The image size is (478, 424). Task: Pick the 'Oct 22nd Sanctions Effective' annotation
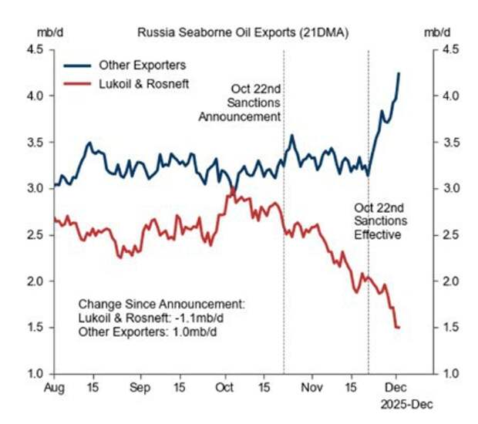click(378, 220)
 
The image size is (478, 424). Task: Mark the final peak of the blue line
click(399, 73)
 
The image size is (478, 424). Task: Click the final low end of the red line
click(399, 328)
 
